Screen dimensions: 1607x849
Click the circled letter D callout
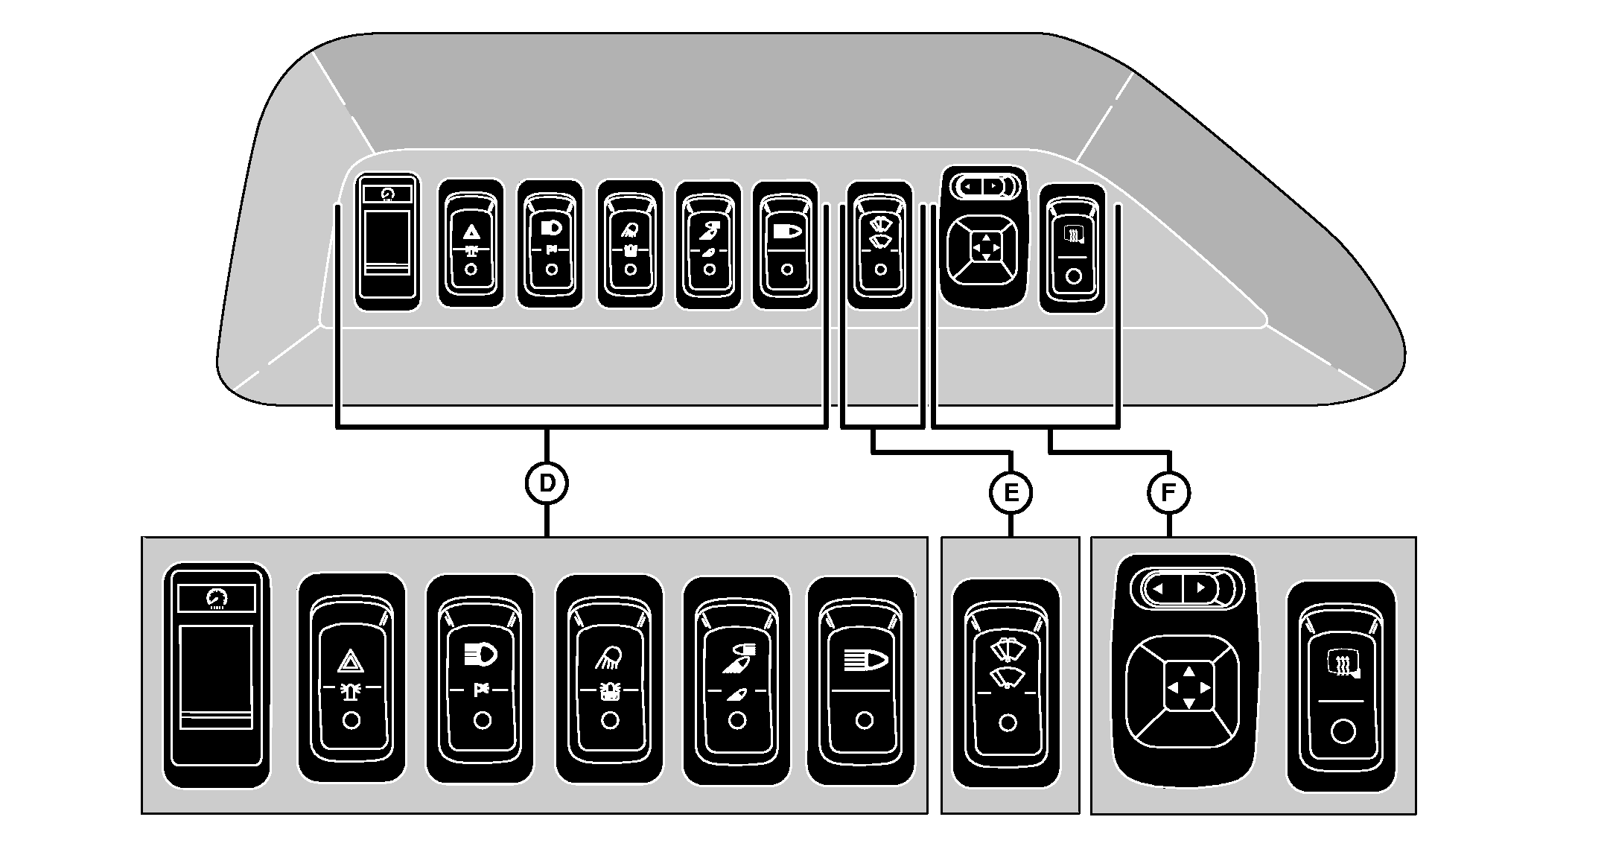pos(547,483)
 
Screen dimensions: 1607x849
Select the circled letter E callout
pos(1011,493)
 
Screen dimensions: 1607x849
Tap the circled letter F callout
pos(1168,493)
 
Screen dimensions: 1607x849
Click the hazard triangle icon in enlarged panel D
pos(350,661)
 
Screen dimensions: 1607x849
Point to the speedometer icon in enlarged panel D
pos(217,598)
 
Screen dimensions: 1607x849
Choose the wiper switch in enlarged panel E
pos(1006,683)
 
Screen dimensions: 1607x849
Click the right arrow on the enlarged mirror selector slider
pos(1200,588)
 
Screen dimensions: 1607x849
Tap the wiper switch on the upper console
pos(879,245)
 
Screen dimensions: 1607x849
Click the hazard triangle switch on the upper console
pos(471,243)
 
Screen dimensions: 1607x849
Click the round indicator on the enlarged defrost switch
pos(1342,732)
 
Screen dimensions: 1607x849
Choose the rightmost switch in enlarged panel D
pos(862,681)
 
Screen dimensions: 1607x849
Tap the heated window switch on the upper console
pos(1072,248)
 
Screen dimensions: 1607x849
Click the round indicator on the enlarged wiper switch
pos(1007,723)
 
